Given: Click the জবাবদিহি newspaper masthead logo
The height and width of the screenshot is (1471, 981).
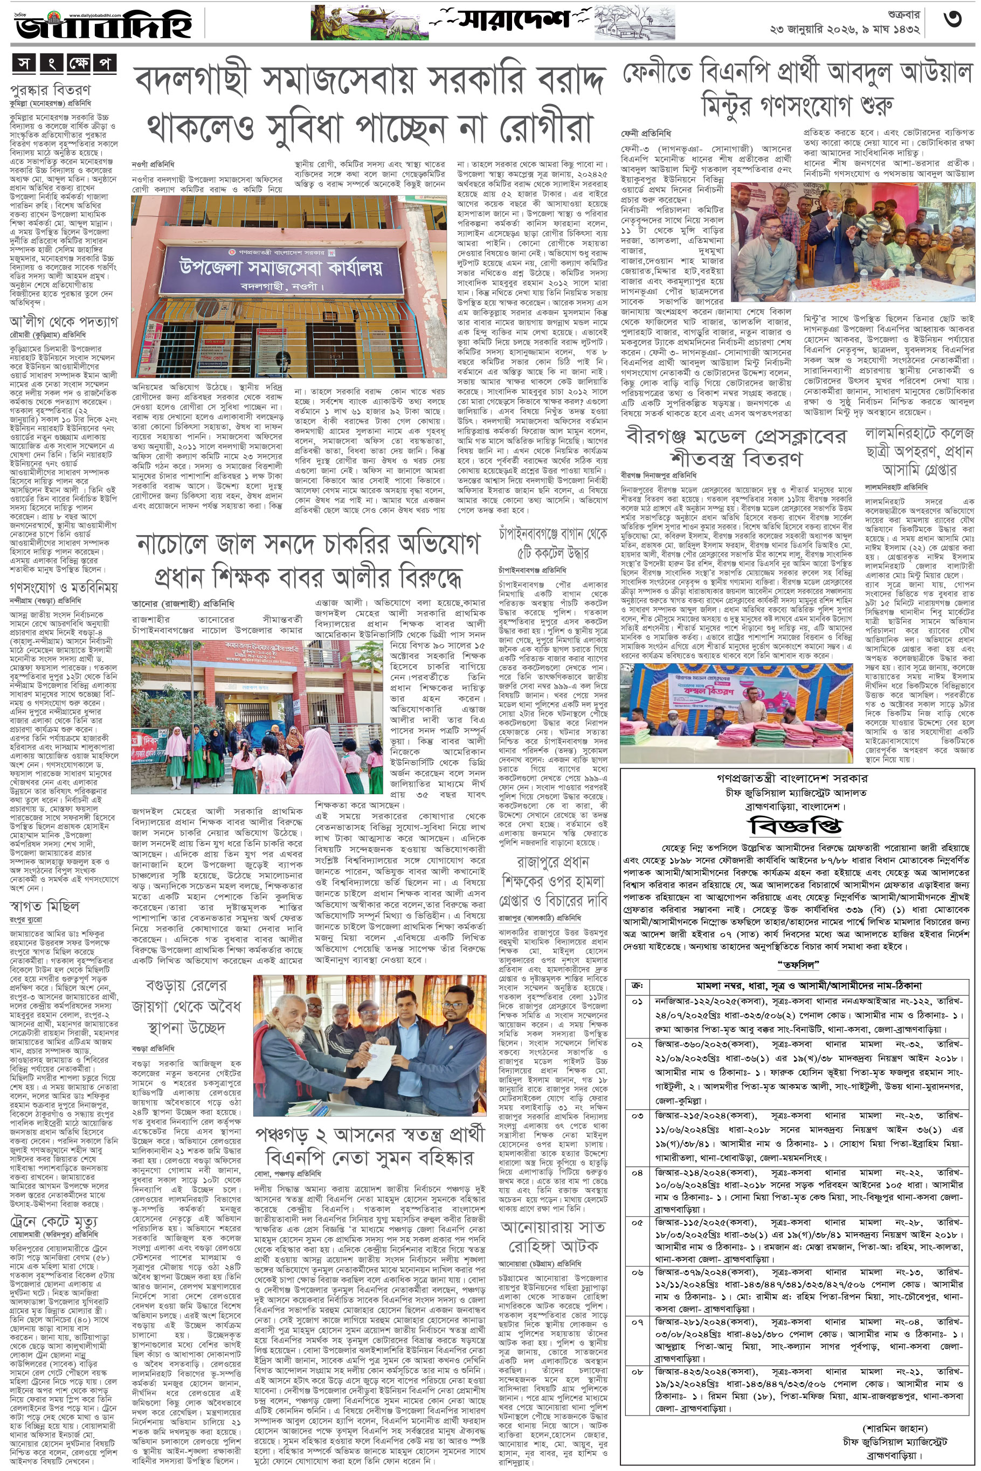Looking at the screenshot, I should [x=103, y=25].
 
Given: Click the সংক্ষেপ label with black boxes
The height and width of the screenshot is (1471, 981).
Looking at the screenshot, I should [x=63, y=64].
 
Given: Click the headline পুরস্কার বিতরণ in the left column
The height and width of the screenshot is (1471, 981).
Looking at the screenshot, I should [x=50, y=89].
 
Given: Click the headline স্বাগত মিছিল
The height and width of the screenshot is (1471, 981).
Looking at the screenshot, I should [x=44, y=906].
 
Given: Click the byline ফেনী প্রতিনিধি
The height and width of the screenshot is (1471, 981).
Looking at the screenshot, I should [x=646, y=134].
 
